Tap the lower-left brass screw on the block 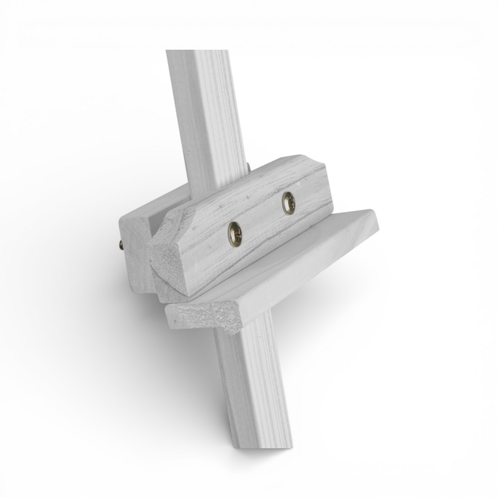[235, 234]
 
